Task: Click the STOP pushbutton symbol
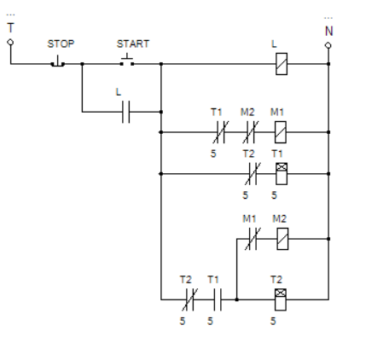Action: tap(58, 61)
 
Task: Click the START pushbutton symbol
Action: tap(127, 61)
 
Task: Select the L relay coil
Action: tap(282, 64)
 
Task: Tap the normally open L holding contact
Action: tap(126, 112)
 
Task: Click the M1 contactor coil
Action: tap(281, 132)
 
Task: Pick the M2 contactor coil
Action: tap(282, 239)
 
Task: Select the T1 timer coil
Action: tap(282, 173)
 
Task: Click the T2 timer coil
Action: tap(281, 299)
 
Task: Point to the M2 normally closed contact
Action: tap(251, 132)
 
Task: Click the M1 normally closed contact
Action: tap(253, 239)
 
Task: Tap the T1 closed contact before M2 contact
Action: tap(221, 132)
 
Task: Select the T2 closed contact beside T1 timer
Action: tap(253, 173)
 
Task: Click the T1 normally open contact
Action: tap(218, 299)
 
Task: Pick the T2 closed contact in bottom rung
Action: tap(190, 299)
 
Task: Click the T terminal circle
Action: tap(10, 43)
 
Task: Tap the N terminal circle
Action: tap(328, 45)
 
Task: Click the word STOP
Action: tap(61, 44)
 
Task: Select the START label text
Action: tap(133, 44)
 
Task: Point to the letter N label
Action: tap(329, 31)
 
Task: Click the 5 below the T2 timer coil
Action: tap(273, 321)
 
